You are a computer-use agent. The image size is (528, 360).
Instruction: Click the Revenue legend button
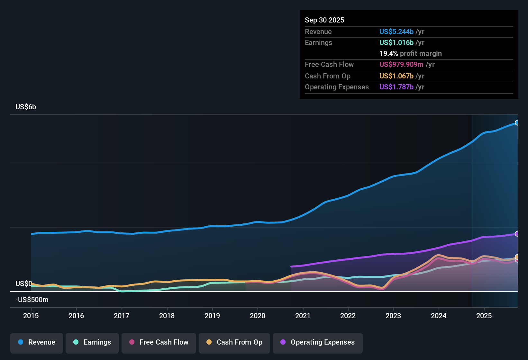coord(37,342)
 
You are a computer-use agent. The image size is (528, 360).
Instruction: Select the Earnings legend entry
coord(92,342)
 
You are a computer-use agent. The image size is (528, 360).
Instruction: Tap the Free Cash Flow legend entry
coord(159,342)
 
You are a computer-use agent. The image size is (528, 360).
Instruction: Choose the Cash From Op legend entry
coord(234,342)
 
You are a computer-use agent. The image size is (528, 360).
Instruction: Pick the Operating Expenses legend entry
coord(318,342)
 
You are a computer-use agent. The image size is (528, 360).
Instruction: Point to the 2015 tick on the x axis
coord(31,316)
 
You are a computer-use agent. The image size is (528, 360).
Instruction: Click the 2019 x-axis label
coord(212,316)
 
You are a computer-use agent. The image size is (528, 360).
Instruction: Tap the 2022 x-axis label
coord(348,316)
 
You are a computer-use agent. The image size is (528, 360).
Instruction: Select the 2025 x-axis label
coord(484,316)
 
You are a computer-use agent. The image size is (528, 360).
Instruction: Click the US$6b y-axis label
coord(26,107)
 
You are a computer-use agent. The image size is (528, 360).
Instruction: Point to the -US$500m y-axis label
coord(32,300)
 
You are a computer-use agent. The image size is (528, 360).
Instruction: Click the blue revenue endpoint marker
coord(517,122)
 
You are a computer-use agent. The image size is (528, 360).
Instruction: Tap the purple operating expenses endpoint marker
coord(517,234)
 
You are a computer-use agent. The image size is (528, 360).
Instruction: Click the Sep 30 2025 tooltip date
coord(324,20)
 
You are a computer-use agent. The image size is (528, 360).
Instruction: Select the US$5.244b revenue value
coord(396,32)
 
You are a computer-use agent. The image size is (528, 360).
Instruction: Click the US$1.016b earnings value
coord(396,42)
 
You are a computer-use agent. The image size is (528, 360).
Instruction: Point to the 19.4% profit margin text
coord(410,53)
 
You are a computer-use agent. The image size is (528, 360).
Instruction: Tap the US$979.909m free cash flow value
coord(401,64)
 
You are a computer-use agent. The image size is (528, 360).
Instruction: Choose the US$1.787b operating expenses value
coord(396,87)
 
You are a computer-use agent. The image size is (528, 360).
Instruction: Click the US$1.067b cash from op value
coord(396,76)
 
